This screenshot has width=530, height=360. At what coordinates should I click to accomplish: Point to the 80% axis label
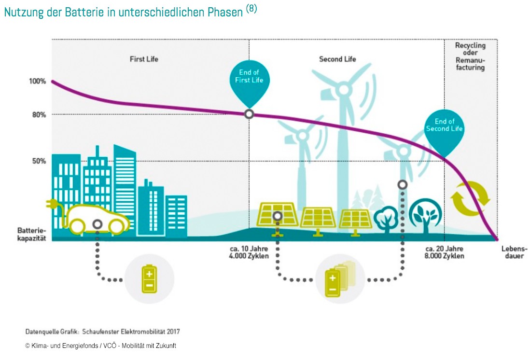[x=39, y=115]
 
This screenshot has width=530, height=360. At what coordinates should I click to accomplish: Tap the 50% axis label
[x=39, y=161]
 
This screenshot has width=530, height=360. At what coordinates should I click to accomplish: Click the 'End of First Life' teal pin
[x=249, y=80]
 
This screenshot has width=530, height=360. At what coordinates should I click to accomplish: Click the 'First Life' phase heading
[x=144, y=59]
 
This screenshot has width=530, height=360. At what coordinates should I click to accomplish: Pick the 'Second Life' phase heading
[x=337, y=59]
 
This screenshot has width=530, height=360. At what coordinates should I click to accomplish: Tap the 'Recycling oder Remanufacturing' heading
[x=470, y=56]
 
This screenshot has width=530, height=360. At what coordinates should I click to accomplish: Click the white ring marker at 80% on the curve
[x=249, y=114]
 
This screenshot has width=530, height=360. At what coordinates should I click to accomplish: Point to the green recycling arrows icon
[x=470, y=198]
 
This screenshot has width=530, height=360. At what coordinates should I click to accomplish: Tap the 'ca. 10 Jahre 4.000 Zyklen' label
[x=249, y=252]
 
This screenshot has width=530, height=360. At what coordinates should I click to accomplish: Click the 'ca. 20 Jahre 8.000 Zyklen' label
[x=445, y=252]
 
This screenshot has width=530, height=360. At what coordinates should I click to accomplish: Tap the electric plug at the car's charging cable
[x=50, y=204]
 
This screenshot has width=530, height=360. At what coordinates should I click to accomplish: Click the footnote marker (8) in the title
[x=251, y=9]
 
